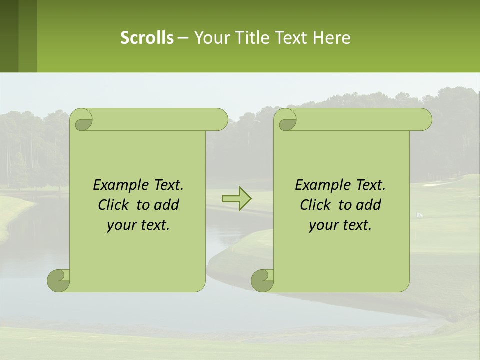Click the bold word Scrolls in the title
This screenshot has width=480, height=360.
click(x=147, y=38)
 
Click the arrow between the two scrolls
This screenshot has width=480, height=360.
click(x=236, y=198)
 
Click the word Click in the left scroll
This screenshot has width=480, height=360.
click(x=114, y=205)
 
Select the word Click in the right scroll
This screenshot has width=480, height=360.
click(x=316, y=205)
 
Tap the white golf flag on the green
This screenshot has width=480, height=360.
click(x=419, y=215)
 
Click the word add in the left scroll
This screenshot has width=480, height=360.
click(x=167, y=205)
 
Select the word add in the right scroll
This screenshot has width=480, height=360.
click(x=369, y=205)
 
